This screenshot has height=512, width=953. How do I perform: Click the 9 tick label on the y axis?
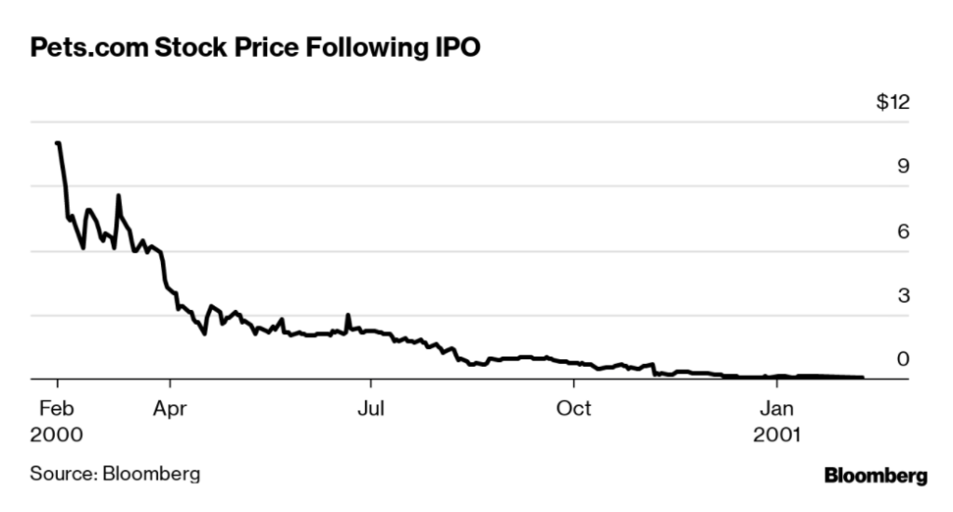coord(902,168)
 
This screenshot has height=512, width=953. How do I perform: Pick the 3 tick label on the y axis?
coord(902,297)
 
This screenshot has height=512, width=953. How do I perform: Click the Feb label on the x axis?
coord(57,408)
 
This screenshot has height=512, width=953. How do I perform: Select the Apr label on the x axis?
coord(169,408)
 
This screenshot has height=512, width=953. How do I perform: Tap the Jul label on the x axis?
coord(371,408)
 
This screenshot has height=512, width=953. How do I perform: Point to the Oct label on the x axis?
coord(574,408)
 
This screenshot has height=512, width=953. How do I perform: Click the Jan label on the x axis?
coord(777,408)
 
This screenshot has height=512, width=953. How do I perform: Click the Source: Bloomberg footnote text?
coord(115,475)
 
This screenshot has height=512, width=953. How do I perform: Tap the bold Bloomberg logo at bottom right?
coord(875,476)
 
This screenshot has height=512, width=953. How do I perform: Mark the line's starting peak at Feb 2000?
coord(58,143)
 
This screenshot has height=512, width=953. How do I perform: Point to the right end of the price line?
coord(862,377)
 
